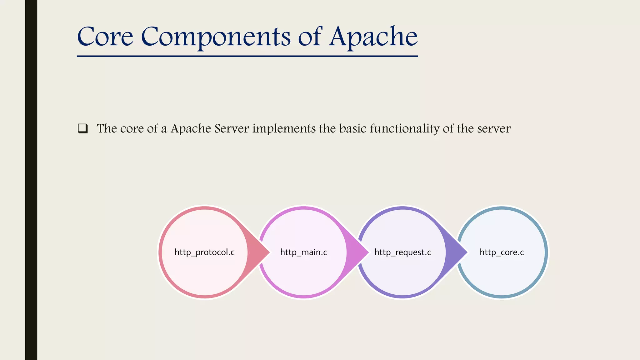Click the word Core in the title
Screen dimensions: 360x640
[x=105, y=37]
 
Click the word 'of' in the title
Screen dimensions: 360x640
[x=309, y=37]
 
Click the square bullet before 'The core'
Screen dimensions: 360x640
[x=82, y=128]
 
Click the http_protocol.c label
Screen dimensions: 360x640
[x=204, y=252]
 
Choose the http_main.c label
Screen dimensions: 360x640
[x=303, y=252]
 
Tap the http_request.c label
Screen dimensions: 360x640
[x=402, y=252]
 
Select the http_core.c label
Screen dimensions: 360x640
[x=502, y=252]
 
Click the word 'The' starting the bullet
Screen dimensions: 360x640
[x=107, y=128]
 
